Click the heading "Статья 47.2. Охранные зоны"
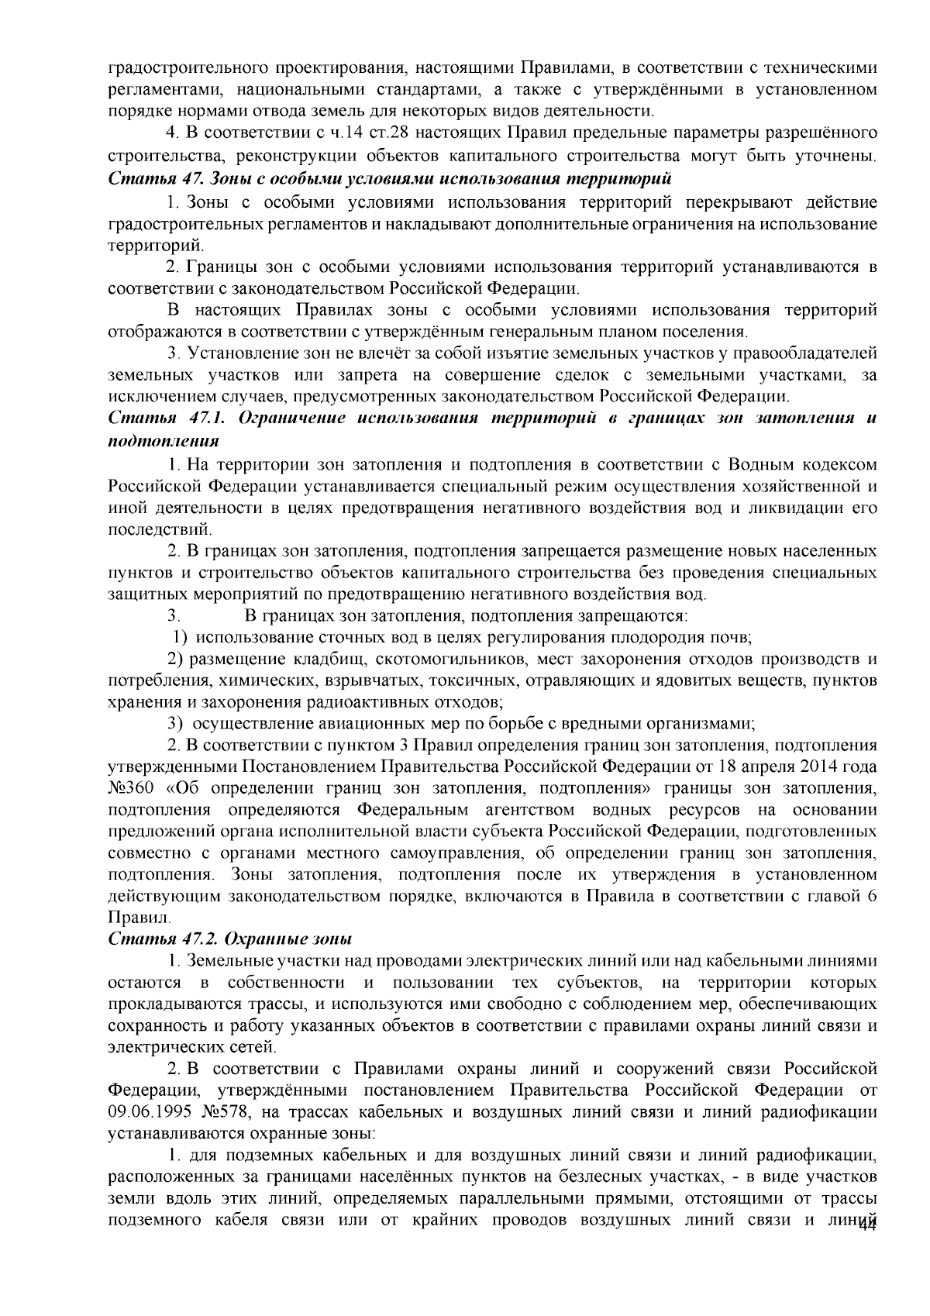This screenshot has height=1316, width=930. (230, 939)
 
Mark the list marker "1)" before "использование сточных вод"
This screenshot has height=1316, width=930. (179, 638)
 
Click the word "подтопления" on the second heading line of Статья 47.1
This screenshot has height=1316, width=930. (163, 441)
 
